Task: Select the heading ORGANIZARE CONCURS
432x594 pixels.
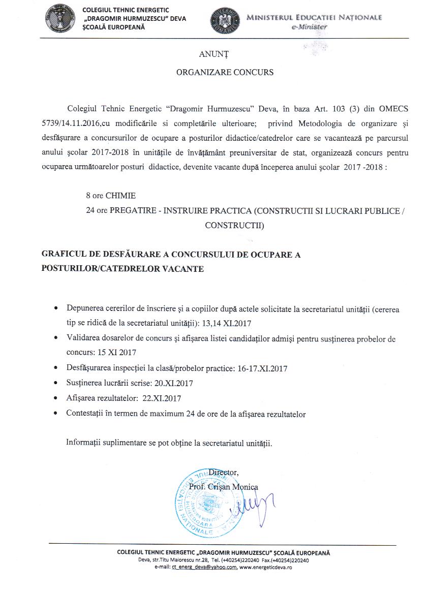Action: tap(225, 72)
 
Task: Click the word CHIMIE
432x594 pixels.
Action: tap(120, 195)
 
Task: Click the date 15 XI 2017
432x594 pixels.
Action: tap(118, 352)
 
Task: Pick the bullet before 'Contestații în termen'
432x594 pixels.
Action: tap(55, 414)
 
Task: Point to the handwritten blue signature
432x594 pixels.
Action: tap(254, 504)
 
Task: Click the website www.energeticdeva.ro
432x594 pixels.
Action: tap(265, 567)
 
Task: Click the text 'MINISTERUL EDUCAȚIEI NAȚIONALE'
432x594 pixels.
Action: tap(314, 18)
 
